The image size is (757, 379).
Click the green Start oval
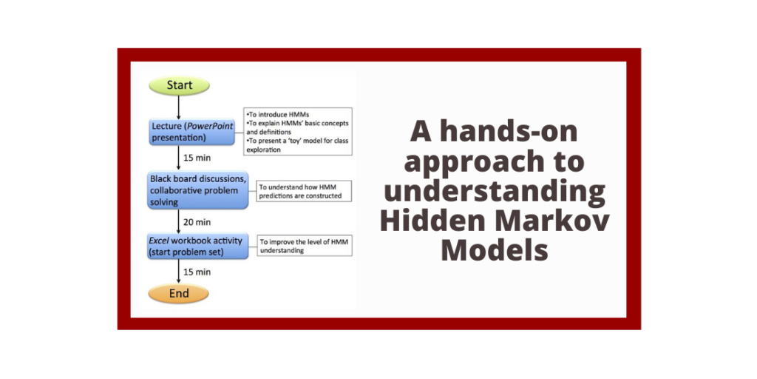[179, 85]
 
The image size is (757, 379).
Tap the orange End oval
[179, 293]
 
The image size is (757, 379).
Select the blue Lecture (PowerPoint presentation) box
[192, 132]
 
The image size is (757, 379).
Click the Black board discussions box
[198, 190]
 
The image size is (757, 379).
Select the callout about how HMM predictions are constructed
[304, 191]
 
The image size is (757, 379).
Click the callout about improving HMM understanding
[304, 246]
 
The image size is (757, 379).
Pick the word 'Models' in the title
[495, 250]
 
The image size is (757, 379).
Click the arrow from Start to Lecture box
[179, 106]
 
